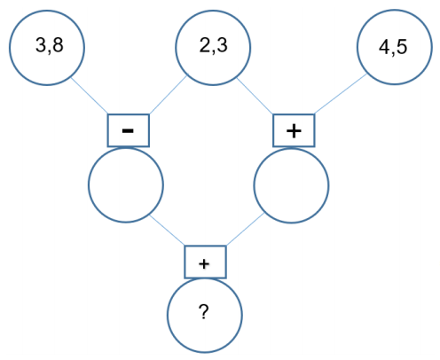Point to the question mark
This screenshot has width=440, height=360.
tap(204, 312)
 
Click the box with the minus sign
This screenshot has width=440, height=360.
tap(129, 130)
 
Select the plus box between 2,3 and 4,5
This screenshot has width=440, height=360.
tap(294, 130)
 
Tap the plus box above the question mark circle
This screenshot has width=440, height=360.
tap(206, 262)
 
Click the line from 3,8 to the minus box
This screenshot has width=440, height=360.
tap(90, 95)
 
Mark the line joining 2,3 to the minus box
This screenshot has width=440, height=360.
tap(168, 95)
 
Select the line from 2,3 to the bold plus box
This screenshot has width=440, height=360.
tap(255, 96)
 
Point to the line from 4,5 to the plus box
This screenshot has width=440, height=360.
tap(341, 94)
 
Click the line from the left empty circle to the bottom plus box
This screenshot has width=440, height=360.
tap(168, 231)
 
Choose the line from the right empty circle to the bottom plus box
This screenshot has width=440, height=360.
tap(245, 230)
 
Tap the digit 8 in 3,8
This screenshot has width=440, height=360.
tap(58, 45)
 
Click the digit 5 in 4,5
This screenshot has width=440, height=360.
tap(402, 47)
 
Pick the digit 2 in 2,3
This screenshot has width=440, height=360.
tap(205, 45)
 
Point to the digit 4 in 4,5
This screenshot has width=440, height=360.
tap(384, 47)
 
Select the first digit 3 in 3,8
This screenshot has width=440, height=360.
tap(41, 45)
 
